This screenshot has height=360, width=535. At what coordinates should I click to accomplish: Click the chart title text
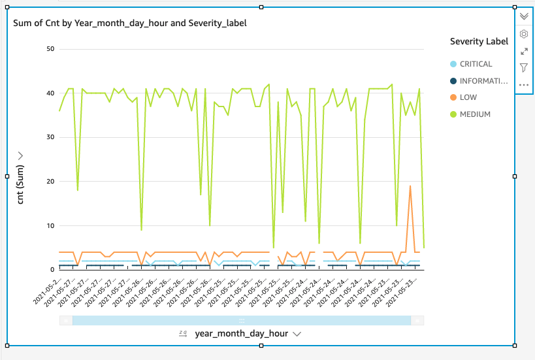(x=129, y=23)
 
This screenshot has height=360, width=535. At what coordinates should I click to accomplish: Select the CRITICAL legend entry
(x=476, y=64)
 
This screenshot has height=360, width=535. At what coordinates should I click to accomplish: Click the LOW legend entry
(x=468, y=97)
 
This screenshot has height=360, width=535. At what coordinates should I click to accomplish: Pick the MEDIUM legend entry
(x=474, y=114)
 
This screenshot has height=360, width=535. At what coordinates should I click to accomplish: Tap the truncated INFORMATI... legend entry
(x=483, y=81)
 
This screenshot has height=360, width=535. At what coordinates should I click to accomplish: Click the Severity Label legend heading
(x=479, y=41)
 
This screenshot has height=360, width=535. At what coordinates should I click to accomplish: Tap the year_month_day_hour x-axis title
(x=241, y=333)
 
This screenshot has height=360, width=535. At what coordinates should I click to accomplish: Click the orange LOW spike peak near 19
(x=410, y=186)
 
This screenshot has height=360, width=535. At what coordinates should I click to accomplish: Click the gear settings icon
(x=524, y=33)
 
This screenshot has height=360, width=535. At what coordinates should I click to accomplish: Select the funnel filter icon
(x=524, y=67)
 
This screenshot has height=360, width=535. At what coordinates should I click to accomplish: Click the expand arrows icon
(x=524, y=51)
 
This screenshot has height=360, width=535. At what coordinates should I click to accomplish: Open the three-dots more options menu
(x=524, y=85)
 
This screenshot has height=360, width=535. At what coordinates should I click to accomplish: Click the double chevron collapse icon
(x=524, y=16)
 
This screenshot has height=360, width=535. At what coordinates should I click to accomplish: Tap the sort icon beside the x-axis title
(x=183, y=333)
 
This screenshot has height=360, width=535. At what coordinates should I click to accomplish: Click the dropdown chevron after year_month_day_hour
(x=297, y=334)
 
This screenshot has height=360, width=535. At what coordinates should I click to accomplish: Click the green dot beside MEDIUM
(x=453, y=114)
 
